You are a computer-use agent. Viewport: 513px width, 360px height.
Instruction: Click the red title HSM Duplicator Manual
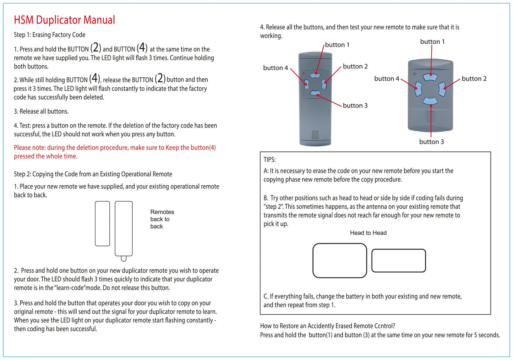coord(64,20)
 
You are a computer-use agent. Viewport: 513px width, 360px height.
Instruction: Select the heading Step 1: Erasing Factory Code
coord(49,35)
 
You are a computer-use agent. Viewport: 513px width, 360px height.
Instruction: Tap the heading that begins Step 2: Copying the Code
coord(93,174)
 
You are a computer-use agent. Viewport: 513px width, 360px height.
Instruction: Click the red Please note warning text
coord(115,152)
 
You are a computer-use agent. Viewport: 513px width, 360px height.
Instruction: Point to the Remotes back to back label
coord(162,219)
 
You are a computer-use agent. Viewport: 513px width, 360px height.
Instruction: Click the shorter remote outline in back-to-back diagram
coord(102,223)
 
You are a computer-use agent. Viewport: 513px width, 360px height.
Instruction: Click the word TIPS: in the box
coord(269,160)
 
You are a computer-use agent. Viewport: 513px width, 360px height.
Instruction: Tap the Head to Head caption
coord(368,233)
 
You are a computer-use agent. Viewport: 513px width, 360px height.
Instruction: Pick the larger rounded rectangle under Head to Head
coord(339,260)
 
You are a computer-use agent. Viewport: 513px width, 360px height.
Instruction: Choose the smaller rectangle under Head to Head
coord(398,261)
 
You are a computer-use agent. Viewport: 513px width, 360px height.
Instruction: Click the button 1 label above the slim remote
coord(337,45)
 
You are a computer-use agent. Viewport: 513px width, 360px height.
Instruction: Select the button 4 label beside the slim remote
coord(275,68)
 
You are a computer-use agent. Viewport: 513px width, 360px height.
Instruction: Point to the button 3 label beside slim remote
coord(355,105)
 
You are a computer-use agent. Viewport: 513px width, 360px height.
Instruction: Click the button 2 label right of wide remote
coord(474,79)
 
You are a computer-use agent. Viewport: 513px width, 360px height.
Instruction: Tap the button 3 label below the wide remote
coord(431,142)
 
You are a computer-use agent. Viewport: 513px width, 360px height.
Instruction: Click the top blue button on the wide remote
coord(430,77)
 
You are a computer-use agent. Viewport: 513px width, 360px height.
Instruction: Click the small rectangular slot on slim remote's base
coord(315,135)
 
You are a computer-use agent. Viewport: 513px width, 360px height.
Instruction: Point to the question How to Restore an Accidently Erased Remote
coord(327,326)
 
